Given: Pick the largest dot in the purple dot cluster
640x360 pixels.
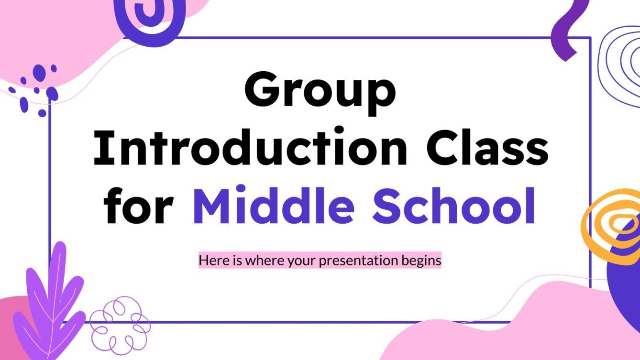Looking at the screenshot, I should pyautogui.click(x=39, y=73).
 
